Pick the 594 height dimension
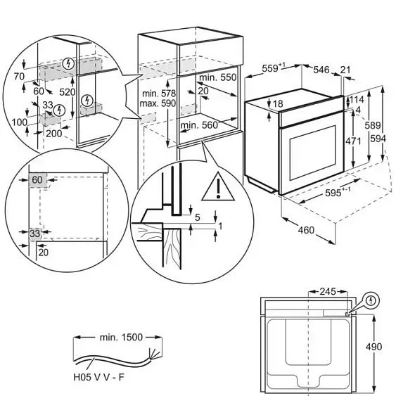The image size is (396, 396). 383,138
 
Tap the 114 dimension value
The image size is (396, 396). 359,99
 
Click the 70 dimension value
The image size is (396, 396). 19,76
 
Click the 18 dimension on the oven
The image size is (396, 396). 278,104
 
